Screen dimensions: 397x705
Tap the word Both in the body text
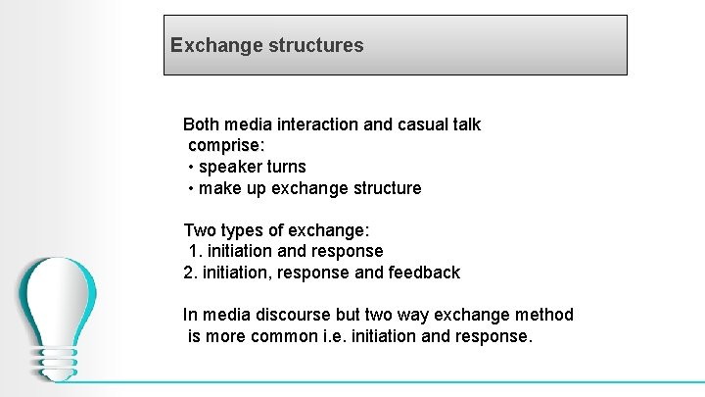[x=202, y=124]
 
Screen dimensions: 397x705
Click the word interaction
[x=319, y=124]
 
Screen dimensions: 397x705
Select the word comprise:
[x=226, y=145]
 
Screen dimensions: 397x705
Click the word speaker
[x=230, y=167]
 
